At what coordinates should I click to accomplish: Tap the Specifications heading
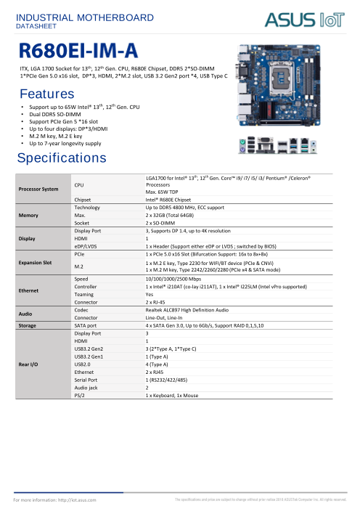click(x=62, y=158)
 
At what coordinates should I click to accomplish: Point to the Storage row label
click(x=29, y=327)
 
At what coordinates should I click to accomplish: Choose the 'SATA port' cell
click(x=87, y=327)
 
